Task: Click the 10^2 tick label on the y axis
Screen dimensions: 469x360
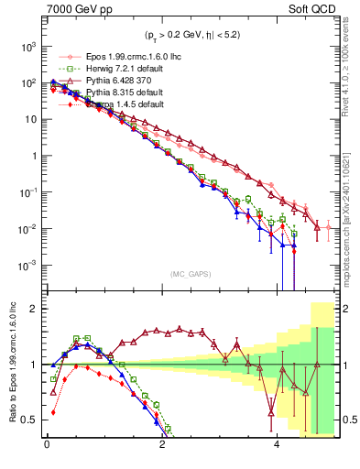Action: (29, 82)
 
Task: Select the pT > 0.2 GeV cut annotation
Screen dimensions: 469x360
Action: (191, 38)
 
